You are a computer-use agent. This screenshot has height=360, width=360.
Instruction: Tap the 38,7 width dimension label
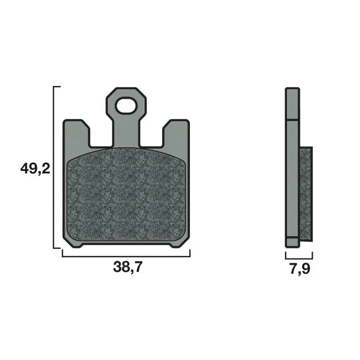pos(128,267)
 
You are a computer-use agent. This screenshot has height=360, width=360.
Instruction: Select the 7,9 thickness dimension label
pos(300,269)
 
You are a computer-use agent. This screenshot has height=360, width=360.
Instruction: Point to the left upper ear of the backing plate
pos(76,133)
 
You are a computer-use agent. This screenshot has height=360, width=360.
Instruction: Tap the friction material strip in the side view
pos(306,194)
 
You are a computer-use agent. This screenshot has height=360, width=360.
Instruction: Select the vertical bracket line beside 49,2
pos(54,167)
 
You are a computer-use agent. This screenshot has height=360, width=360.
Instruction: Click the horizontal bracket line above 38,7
pos(126,256)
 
